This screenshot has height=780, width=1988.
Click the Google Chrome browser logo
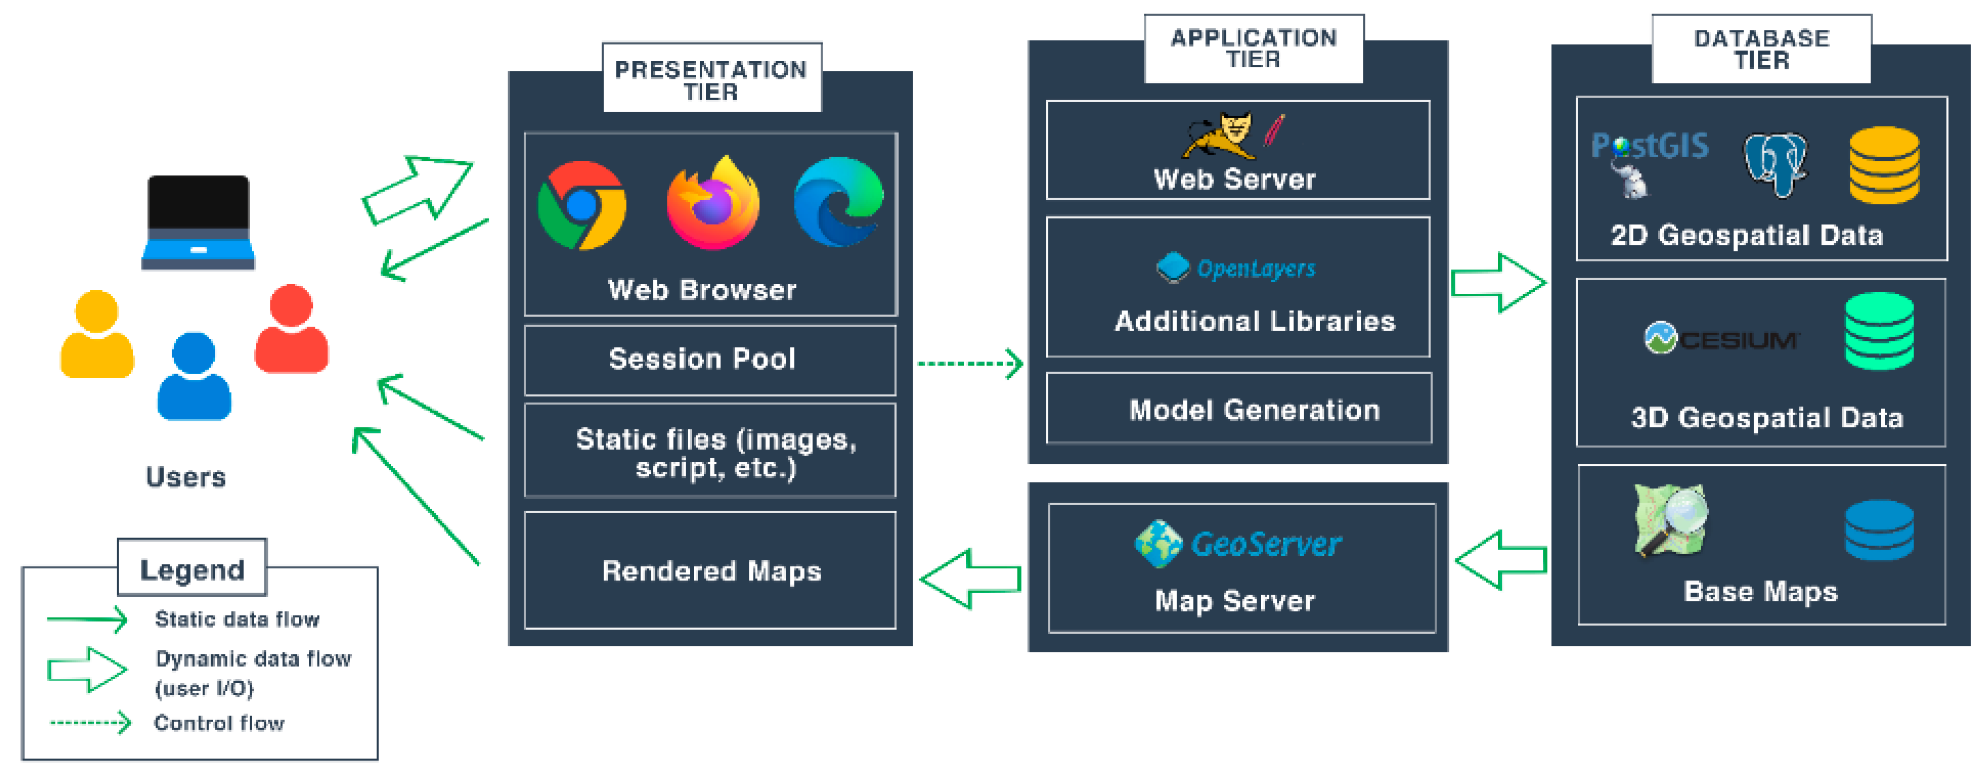point(582,205)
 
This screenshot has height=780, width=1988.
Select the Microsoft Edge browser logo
point(839,202)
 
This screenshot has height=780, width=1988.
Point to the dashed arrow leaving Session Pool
point(969,364)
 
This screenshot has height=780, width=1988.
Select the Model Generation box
point(1238,409)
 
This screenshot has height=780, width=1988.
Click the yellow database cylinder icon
point(1884,165)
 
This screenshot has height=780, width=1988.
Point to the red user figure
point(292,330)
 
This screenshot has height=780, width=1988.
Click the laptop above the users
point(199,222)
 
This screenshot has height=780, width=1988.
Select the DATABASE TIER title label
point(1761,48)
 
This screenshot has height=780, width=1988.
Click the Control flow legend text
point(219,723)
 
